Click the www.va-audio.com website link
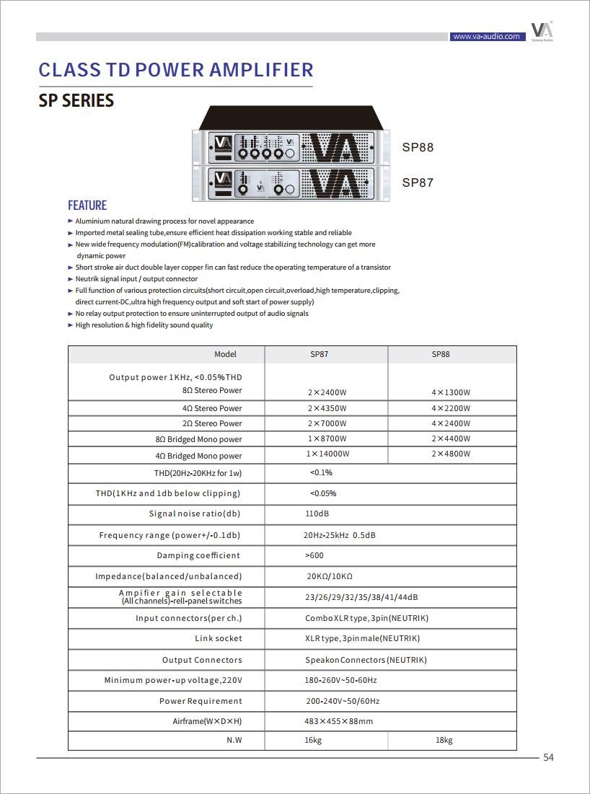[x=485, y=36]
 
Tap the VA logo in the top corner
[x=542, y=31]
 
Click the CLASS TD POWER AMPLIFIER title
[x=176, y=70]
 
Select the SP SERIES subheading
[x=76, y=101]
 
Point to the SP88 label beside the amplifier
[x=418, y=148]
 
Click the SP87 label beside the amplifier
[x=418, y=183]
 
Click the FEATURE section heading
[x=87, y=206]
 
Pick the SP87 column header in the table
[x=319, y=355]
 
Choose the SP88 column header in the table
[x=441, y=355]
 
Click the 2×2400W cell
[x=327, y=393]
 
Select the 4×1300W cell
[x=451, y=393]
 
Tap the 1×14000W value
[x=327, y=454]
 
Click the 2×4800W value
[x=451, y=454]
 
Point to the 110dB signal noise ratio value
[x=317, y=514]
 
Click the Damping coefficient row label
[x=198, y=555]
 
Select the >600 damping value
[x=314, y=555]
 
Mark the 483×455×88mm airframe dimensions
[x=338, y=721]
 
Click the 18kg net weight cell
[x=444, y=741]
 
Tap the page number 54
[x=548, y=757]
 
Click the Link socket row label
[x=219, y=638]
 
